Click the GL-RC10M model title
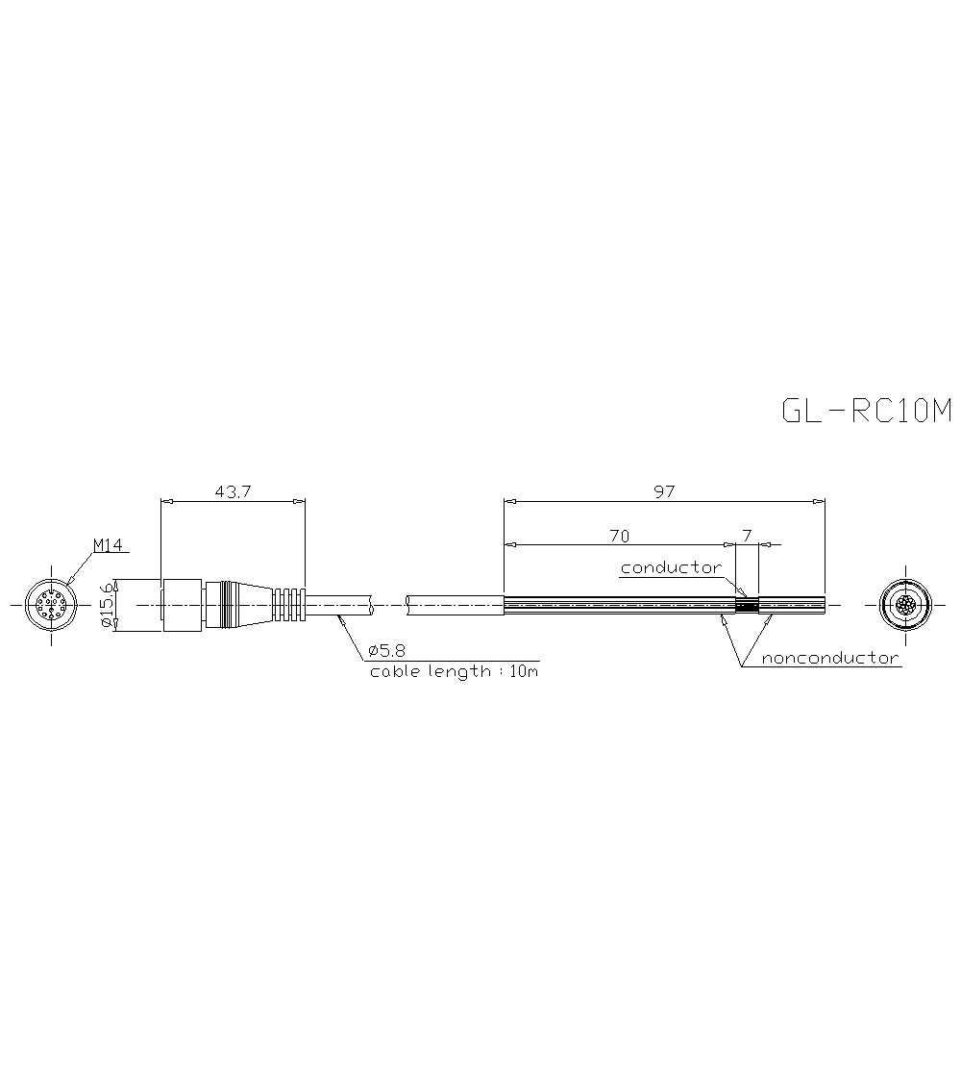[x=866, y=412]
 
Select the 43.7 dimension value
[x=233, y=491]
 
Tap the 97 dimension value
[x=664, y=491]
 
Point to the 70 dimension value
[x=620, y=536]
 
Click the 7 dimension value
[x=748, y=536]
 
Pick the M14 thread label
[x=109, y=545]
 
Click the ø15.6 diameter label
[x=108, y=605]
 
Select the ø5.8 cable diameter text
[x=386, y=651]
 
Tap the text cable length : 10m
[x=454, y=671]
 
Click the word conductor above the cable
[x=671, y=567]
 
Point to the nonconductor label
[x=830, y=659]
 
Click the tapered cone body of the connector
[x=245, y=605]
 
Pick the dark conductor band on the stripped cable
[x=747, y=605]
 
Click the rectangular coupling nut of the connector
[x=182, y=605]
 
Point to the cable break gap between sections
[x=389, y=605]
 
